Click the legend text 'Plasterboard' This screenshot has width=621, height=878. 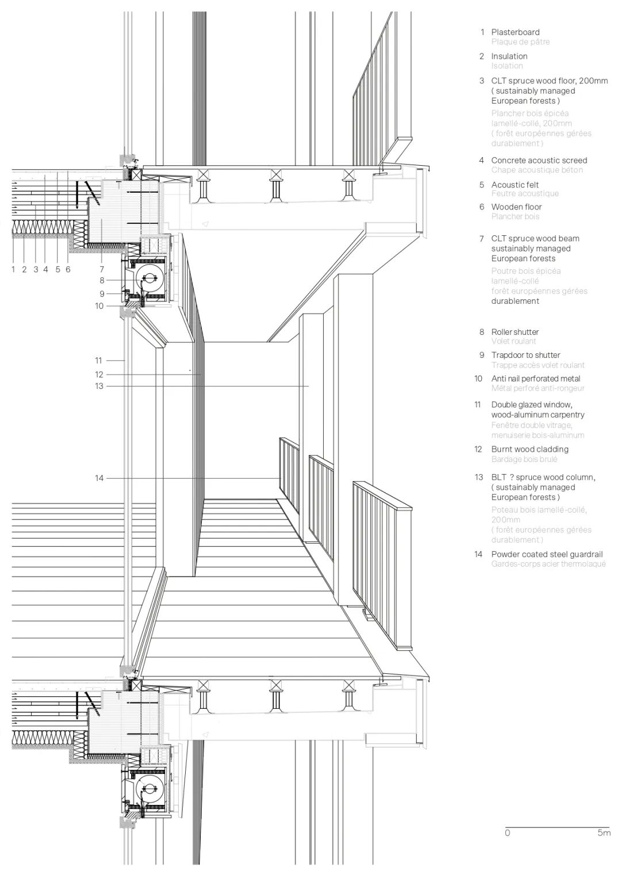coord(515,32)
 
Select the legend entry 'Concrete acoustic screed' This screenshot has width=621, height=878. coord(539,161)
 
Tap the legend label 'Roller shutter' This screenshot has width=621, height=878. coord(515,332)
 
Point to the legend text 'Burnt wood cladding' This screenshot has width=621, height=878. coord(530,449)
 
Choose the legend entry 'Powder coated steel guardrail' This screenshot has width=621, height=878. coord(547,555)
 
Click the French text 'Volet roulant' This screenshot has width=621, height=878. coord(513,341)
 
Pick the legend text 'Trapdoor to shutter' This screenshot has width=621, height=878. coord(526,356)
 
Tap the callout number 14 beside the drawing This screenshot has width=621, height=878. coord(99,478)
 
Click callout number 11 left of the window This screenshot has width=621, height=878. coord(99,361)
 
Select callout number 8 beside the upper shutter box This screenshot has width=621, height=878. coord(102,281)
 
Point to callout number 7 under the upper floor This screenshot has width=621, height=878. coord(102,269)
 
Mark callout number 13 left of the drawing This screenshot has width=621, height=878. coord(99,386)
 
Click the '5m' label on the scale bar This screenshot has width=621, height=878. coord(604,833)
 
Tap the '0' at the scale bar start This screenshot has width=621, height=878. coord(507,833)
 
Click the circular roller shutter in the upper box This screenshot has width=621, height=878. coord(149,280)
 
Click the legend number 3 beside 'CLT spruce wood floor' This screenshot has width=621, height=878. coord(482,81)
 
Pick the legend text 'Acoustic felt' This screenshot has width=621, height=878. coord(515,185)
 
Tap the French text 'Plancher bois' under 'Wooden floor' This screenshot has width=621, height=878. coord(515,216)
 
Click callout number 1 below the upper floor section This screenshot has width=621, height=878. coord(13,269)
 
